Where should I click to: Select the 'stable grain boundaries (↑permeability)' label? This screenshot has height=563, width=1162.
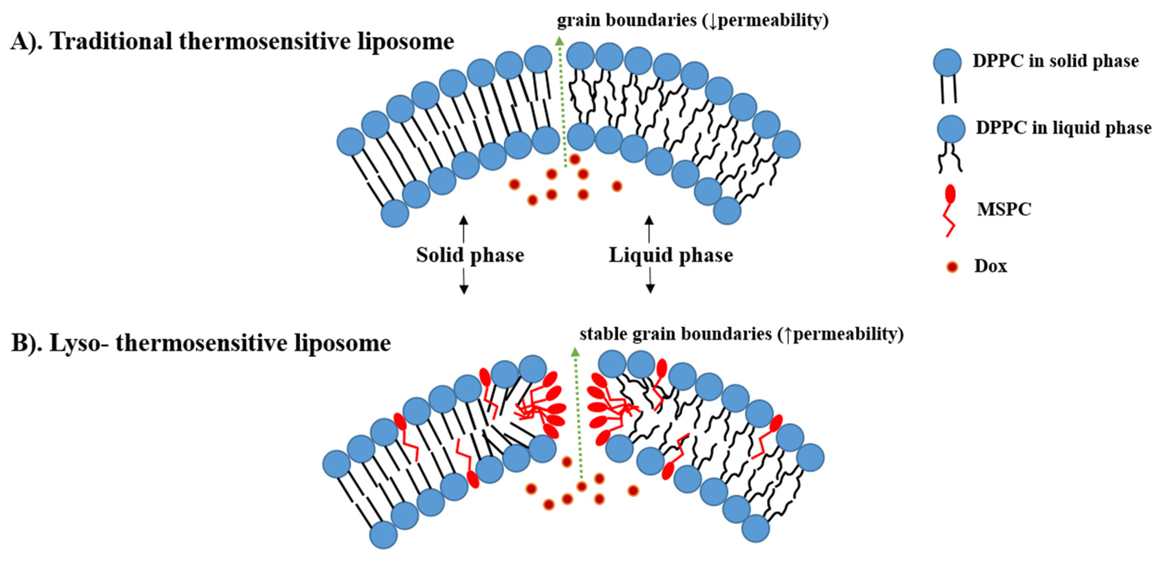tap(742, 335)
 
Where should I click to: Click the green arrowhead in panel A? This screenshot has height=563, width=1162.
tap(559, 41)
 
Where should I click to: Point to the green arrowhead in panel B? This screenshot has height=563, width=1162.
tap(575, 353)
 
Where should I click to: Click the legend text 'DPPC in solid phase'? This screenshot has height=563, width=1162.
tap(1055, 61)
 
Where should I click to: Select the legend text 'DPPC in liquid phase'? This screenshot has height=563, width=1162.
tap(1063, 128)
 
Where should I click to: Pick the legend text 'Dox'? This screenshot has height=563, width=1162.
tap(991, 266)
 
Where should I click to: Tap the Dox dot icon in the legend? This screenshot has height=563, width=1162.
tap(952, 267)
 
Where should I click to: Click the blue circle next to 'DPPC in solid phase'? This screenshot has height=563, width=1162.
tap(947, 62)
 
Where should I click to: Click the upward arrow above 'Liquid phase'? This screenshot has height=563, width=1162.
tap(649, 228)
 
